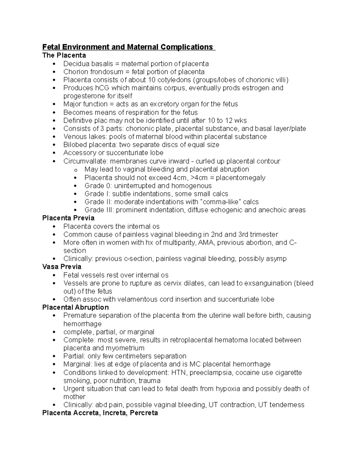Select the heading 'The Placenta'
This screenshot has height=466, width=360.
tap(64, 55)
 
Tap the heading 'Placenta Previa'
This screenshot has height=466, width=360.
tap(68, 218)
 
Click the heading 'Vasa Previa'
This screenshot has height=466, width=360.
tap(62, 267)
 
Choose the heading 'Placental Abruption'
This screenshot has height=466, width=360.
tap(75, 307)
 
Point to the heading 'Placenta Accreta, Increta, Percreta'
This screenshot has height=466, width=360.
tap(100, 413)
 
